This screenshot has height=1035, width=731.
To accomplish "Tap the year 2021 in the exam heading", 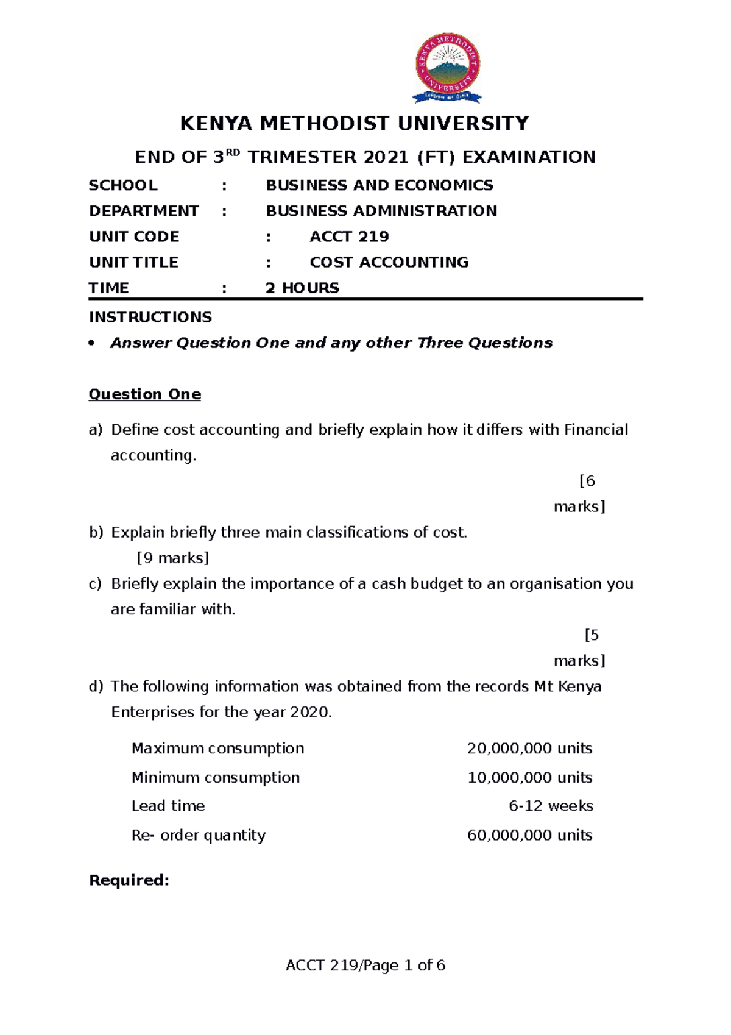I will click(x=386, y=157).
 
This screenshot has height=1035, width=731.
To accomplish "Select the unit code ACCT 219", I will click(x=349, y=237).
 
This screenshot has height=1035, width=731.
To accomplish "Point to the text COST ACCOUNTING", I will click(x=389, y=262).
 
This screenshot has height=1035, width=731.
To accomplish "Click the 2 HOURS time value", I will click(x=302, y=288).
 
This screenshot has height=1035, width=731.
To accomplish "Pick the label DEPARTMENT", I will click(x=144, y=211).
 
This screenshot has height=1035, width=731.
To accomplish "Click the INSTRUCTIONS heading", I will click(x=150, y=317).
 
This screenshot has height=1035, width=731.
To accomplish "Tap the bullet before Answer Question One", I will click(x=92, y=343).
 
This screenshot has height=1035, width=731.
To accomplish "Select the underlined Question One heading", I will click(x=145, y=394).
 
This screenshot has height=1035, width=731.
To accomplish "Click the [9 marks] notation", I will click(x=173, y=558).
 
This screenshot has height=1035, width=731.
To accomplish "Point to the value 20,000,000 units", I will click(x=529, y=749).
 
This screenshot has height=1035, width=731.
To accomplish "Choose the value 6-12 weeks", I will click(x=550, y=806).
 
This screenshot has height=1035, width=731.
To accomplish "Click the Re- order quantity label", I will click(x=199, y=835).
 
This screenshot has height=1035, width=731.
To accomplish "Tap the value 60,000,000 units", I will click(x=529, y=835).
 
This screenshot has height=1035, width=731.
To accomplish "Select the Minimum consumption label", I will click(x=216, y=778).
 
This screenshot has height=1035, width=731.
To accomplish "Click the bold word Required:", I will click(x=129, y=880).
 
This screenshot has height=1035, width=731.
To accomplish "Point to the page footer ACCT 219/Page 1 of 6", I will click(x=365, y=966).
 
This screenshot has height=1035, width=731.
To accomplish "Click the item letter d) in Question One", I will click(x=96, y=686).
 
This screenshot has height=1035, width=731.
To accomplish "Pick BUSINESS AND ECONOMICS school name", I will click(x=380, y=185).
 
